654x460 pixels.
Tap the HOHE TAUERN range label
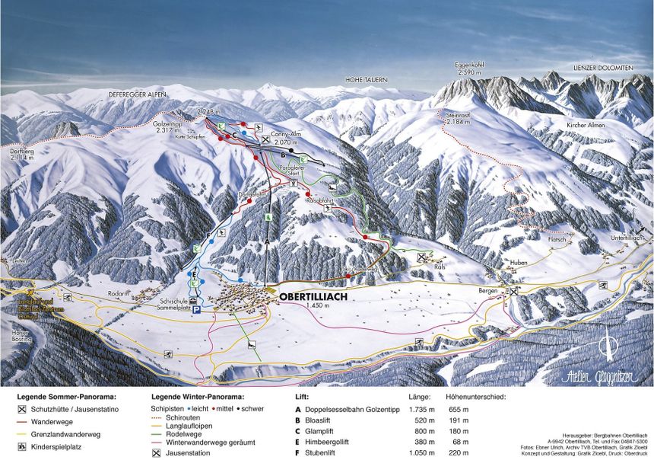click(367, 79)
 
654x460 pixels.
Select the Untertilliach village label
click(626, 238)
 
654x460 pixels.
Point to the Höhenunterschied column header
click(476, 396)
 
